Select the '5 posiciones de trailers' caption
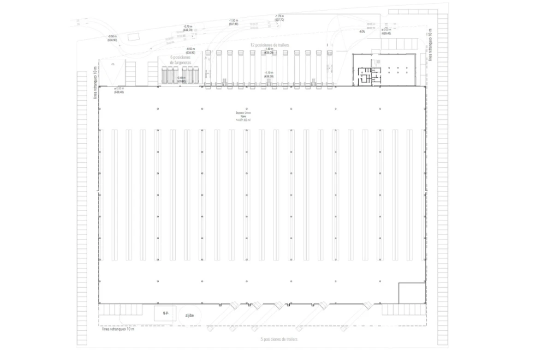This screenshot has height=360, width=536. (x=279, y=339)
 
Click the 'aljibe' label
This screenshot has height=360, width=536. (x=190, y=316)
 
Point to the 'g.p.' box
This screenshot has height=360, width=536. (x=166, y=313)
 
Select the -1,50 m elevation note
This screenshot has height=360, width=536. (x=233, y=22)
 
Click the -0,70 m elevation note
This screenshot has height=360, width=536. (x=188, y=28)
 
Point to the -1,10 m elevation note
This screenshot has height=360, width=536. (x=269, y=74)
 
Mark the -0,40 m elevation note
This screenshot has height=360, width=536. (x=181, y=79)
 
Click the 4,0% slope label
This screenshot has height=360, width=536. (x=362, y=31)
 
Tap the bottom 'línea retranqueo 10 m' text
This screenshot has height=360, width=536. (x=118, y=329)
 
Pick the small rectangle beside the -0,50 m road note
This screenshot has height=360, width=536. (x=134, y=37)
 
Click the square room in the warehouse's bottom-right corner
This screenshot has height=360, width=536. (x=411, y=293)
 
